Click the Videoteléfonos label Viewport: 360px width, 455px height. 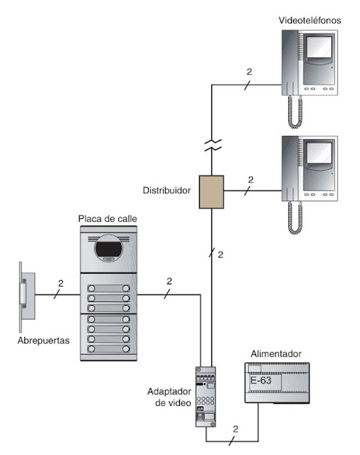[x=309, y=21]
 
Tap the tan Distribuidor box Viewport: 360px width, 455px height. [x=211, y=192]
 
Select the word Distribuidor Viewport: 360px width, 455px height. [x=166, y=191]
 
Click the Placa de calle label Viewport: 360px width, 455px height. [x=107, y=218]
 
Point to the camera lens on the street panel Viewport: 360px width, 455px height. [x=109, y=249]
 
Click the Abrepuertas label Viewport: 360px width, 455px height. [x=43, y=341]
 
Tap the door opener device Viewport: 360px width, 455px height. [x=27, y=296]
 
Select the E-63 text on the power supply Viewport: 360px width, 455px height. [x=261, y=380]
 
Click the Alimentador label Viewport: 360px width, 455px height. [x=276, y=354]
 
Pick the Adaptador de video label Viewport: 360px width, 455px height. [x=169, y=397]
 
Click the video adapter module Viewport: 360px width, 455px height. [x=206, y=397]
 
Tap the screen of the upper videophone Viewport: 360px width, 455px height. [x=319, y=48]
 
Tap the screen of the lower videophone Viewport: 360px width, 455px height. [x=319, y=153]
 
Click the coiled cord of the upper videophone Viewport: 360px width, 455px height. [x=295, y=112]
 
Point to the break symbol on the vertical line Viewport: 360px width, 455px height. [x=213, y=145]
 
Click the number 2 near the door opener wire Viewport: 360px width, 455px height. [x=60, y=283]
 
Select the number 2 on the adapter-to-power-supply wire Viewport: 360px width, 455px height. [x=235, y=429]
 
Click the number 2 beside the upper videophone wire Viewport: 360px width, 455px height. [x=249, y=72]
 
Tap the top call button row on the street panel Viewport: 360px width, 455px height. [x=109, y=289]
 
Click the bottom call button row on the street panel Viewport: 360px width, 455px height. [x=109, y=349]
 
